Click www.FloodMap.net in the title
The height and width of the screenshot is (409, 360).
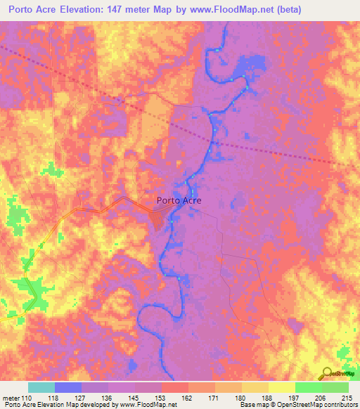[x=238, y=9]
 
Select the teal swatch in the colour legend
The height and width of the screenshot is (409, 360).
[x=41, y=387]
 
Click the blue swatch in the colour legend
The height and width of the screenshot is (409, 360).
[x=68, y=387]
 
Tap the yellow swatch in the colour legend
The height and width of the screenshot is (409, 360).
[x=281, y=387]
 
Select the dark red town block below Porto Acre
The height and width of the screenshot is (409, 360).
[x=159, y=219]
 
